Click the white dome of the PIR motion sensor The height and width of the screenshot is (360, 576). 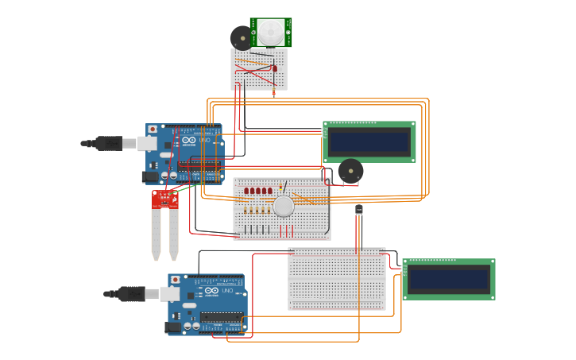pyautogui.click(x=270, y=32)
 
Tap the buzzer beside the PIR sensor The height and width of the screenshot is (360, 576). pyautogui.click(x=241, y=37)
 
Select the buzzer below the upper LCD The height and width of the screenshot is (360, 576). pyautogui.click(x=350, y=171)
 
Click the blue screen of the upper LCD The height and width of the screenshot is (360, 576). pyautogui.click(x=369, y=141)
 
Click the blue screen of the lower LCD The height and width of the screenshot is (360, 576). pyautogui.click(x=448, y=279)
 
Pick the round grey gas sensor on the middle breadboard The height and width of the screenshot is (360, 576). pyautogui.click(x=284, y=207)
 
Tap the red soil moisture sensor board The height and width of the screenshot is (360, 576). pyautogui.click(x=165, y=199)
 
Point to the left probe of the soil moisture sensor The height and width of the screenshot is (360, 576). pyautogui.click(x=156, y=234)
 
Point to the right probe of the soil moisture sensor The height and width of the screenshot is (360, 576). pyautogui.click(x=173, y=234)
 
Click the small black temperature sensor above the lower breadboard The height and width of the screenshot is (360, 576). pyautogui.click(x=359, y=210)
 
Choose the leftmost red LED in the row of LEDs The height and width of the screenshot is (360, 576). pyautogui.click(x=247, y=191)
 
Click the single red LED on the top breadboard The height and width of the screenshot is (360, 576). pyautogui.click(x=275, y=68)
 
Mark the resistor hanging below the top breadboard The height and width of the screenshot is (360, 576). pyautogui.click(x=274, y=93)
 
